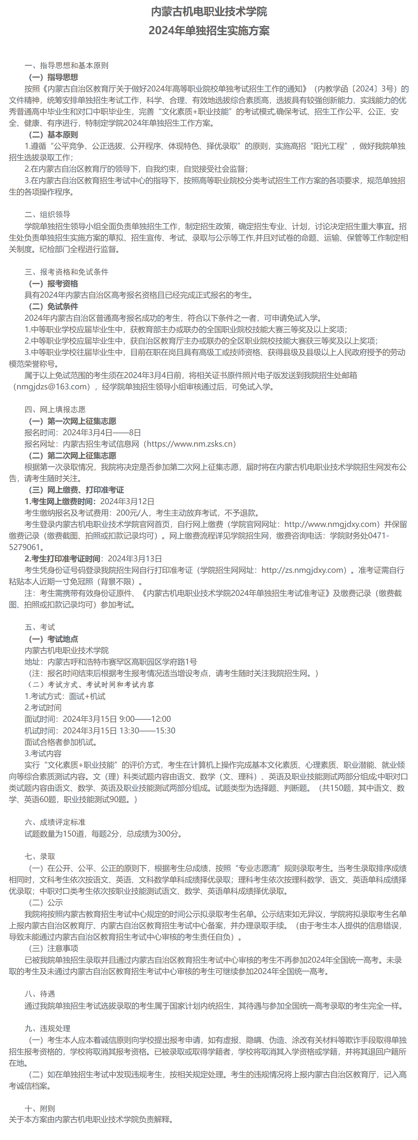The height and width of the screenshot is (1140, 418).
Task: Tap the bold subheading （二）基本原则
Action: pyautogui.click(x=53, y=135)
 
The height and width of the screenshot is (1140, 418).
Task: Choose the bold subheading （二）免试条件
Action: pyautogui.click(x=53, y=306)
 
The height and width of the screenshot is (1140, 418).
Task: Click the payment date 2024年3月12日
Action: pyautogui.click(x=127, y=501)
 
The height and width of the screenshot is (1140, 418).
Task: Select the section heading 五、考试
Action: pyautogui.click(x=40, y=627)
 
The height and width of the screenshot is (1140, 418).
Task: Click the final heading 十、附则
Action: pyautogui.click(x=40, y=1108)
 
